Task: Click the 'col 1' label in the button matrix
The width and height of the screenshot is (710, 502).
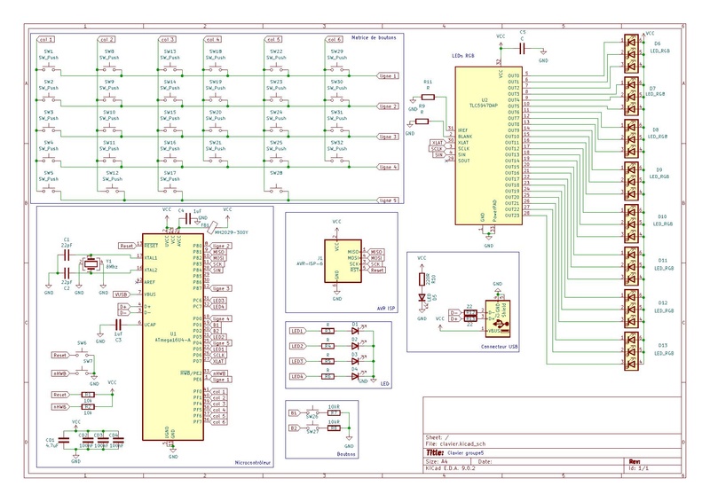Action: point(46,40)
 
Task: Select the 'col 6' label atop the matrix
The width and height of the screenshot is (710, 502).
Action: point(334,40)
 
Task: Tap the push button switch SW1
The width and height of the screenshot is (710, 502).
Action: point(49,65)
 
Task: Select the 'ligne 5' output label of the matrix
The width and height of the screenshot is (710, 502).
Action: point(387,200)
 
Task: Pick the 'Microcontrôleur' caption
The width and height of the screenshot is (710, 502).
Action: point(253,463)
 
